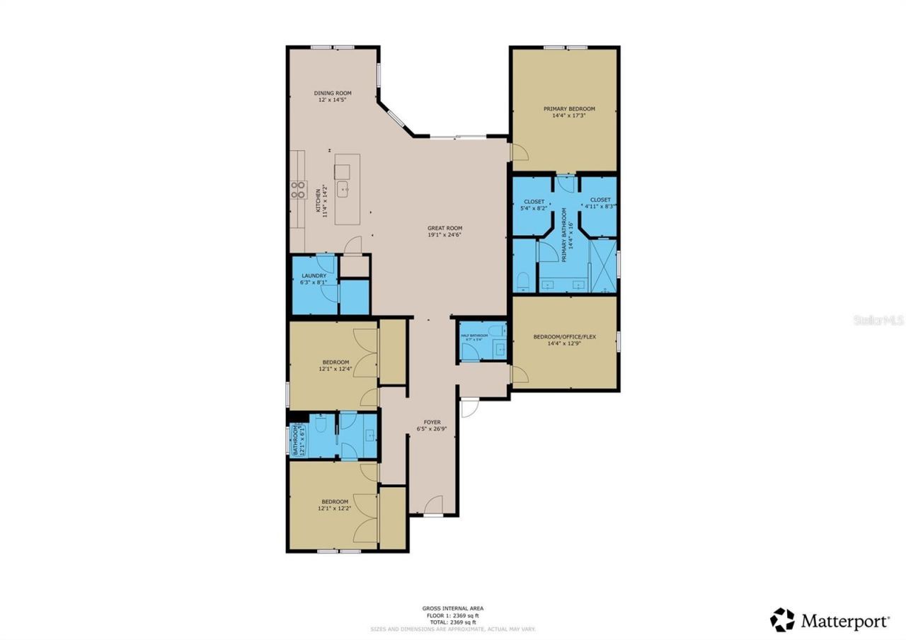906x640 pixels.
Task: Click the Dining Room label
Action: (333, 93)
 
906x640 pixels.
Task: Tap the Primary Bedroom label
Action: (569, 109)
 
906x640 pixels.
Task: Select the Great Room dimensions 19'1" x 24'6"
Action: (445, 235)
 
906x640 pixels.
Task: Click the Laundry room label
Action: (314, 275)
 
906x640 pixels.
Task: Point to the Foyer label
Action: (432, 422)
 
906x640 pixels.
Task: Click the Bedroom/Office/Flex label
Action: (564, 337)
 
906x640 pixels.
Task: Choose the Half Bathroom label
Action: (474, 336)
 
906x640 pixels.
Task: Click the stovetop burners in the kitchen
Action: (298, 190)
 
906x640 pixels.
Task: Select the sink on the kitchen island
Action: (343, 188)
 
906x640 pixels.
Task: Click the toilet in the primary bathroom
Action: (523, 282)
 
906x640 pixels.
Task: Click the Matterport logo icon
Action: (782, 619)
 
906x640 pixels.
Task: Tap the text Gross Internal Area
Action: (452, 608)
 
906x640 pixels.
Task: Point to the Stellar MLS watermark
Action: (878, 320)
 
